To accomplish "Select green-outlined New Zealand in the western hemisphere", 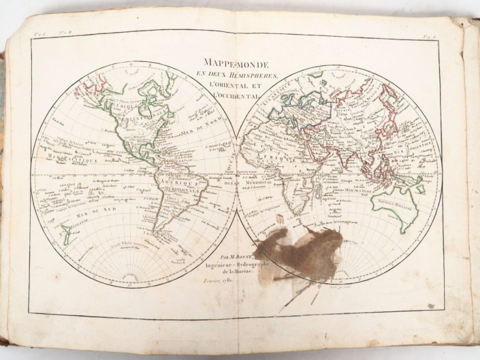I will coord(67,233).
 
